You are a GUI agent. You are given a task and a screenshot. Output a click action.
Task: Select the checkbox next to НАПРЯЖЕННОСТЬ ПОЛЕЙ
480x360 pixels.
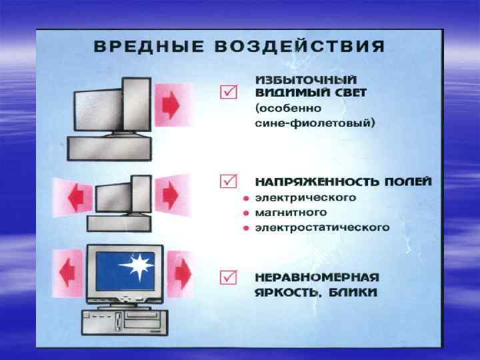(x=228, y=181)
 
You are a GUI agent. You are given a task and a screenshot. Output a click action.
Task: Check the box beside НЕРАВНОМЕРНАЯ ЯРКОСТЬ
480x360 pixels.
(x=228, y=275)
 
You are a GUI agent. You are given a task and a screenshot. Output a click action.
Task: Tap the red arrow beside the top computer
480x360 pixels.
(x=172, y=103)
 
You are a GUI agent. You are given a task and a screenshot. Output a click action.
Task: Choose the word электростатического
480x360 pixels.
(x=323, y=228)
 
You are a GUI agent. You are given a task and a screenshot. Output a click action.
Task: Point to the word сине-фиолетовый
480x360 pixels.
(x=316, y=123)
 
